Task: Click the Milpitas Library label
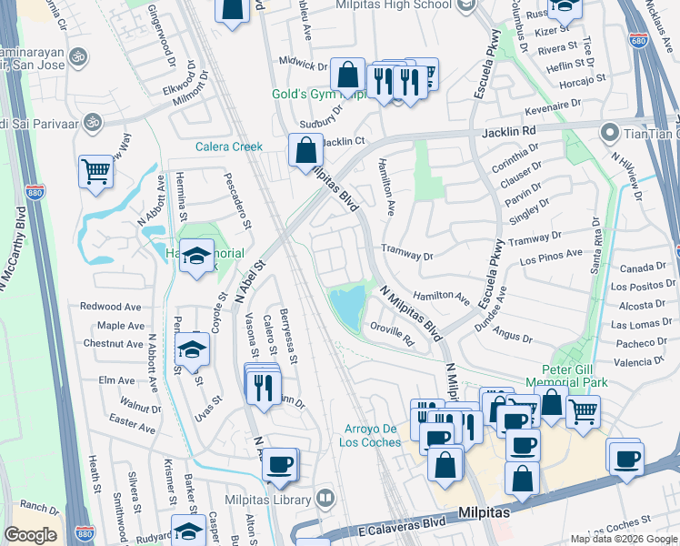[269, 500]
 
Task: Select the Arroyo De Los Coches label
[373, 436]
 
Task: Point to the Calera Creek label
[229, 147]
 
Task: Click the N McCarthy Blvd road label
[11, 264]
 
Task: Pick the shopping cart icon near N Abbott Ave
[95, 170]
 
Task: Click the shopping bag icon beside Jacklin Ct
[306, 149]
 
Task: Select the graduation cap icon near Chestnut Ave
[192, 349]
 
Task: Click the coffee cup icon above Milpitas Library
[279, 464]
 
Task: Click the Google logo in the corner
[30, 535]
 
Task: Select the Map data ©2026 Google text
[624, 539]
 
